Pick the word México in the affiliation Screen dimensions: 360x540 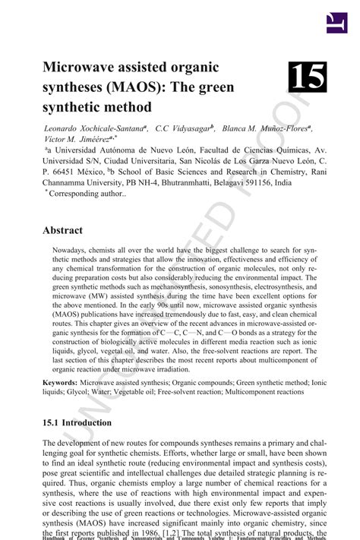tap(99, 172)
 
